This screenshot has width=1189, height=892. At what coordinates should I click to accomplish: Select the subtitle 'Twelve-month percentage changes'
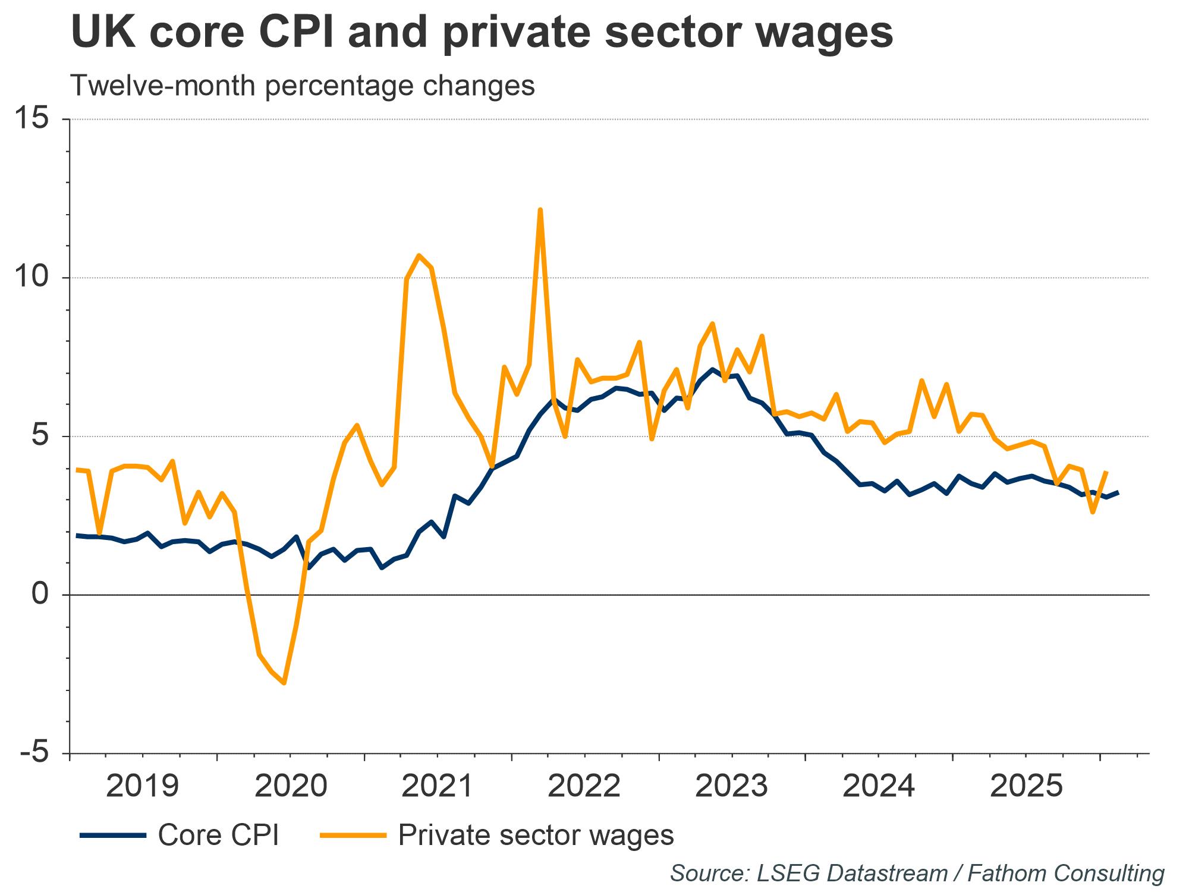(x=302, y=86)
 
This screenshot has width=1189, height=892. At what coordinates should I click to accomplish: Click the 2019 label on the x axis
(x=143, y=786)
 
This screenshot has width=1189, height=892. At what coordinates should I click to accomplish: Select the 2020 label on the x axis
(x=291, y=786)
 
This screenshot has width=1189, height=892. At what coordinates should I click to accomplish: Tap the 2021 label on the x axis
(x=438, y=786)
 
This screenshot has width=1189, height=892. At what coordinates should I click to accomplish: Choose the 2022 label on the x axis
(x=584, y=786)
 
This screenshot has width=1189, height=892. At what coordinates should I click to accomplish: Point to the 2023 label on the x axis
(x=732, y=786)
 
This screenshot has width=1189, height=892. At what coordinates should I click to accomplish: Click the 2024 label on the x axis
(x=879, y=786)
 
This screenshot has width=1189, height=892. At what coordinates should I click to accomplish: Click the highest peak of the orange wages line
(x=540, y=210)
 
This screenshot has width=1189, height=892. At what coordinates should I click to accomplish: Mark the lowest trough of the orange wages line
(x=284, y=683)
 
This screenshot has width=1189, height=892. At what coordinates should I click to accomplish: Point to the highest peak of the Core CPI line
(x=712, y=369)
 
